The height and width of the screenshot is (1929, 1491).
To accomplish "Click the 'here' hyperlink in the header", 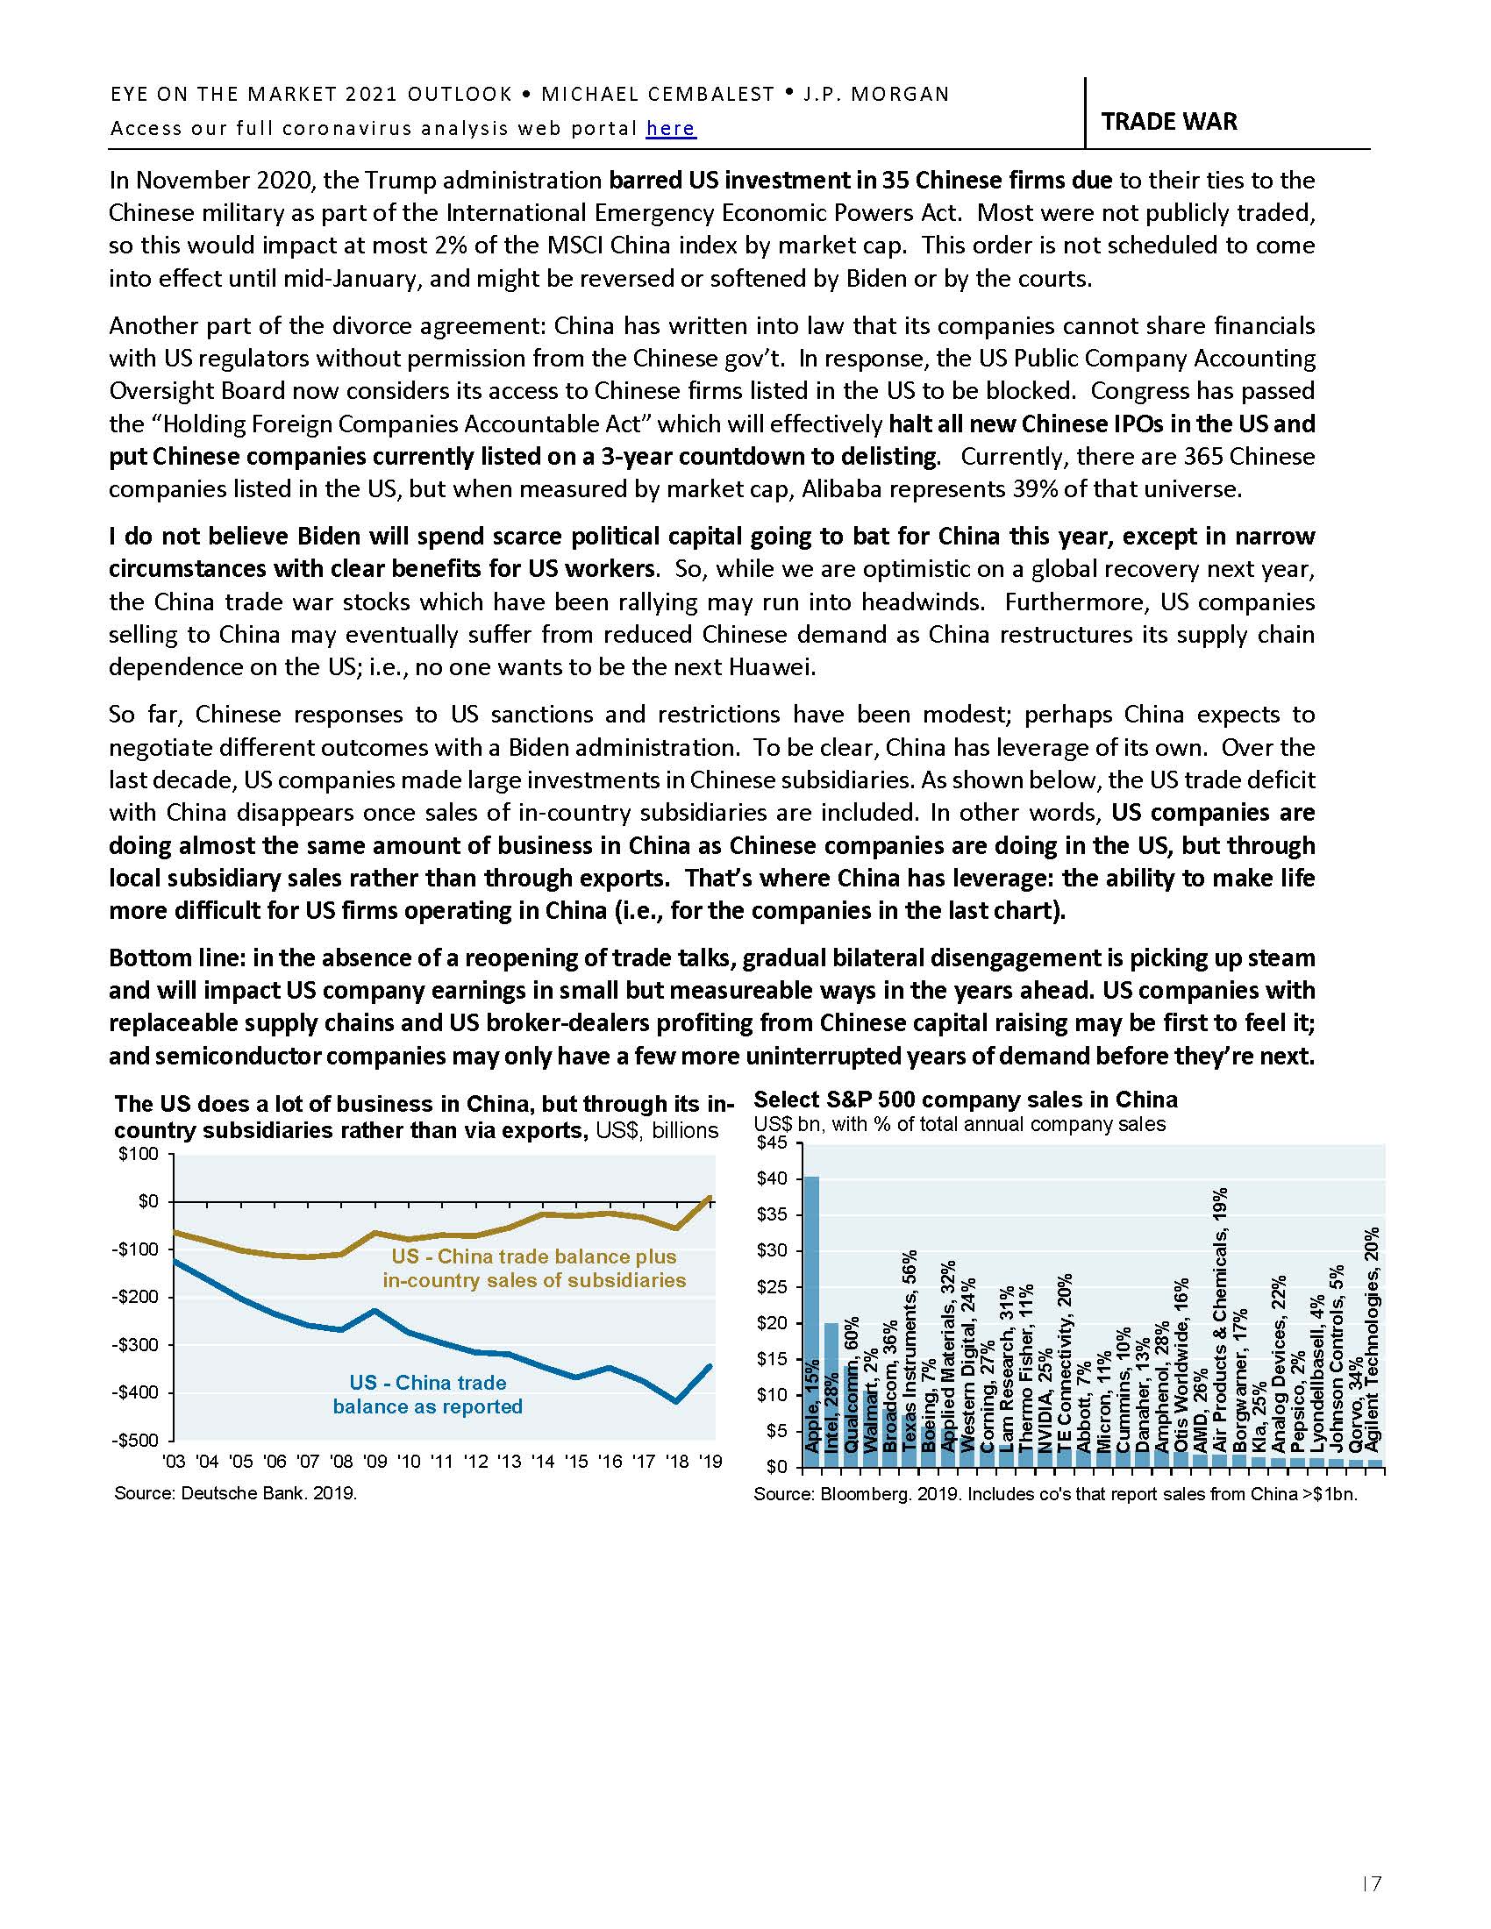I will point(670,129).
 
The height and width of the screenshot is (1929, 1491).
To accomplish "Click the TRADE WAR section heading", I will point(1167,121).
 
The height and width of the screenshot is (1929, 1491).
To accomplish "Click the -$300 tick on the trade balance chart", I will point(139,1345).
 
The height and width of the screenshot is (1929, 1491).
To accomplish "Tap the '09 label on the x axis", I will point(375,1462).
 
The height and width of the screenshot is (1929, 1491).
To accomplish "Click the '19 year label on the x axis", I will point(710,1462).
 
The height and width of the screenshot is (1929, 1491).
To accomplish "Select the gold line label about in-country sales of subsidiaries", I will point(533,1269).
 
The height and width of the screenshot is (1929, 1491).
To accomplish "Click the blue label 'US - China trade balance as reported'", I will point(427,1395).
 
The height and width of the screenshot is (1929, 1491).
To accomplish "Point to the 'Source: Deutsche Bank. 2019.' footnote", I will point(235,1493).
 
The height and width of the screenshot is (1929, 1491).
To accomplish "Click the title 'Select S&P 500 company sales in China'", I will point(966,1100).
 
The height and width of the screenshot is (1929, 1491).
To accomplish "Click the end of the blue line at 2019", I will point(710,1366).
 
